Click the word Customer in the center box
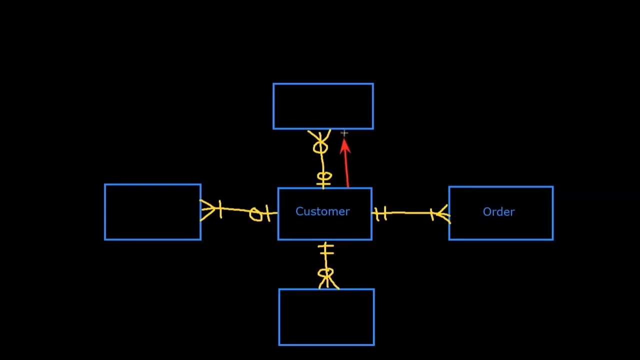[322, 211]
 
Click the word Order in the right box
[498, 212]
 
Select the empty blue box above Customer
[323, 106]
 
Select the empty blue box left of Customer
[152, 212]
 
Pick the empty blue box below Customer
[326, 317]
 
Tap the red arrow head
[345, 146]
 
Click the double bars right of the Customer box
[381, 214]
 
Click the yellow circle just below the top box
[320, 147]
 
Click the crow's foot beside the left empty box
[208, 209]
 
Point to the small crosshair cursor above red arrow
[344, 133]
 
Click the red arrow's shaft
[347, 172]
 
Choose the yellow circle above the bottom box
[325, 273]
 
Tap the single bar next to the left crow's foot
[219, 208]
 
